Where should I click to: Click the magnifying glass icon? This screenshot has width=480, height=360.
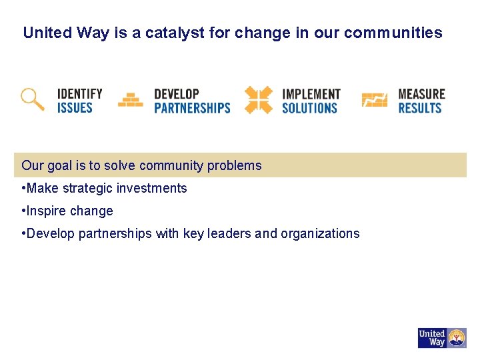[x=31, y=99]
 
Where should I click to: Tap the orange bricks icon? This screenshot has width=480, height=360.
[x=130, y=100]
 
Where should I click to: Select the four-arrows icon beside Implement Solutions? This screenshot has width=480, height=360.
[x=258, y=100]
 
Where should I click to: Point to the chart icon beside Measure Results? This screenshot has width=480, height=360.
[x=374, y=100]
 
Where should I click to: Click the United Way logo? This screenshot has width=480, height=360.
[x=442, y=338]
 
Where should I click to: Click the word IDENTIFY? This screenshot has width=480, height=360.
[x=79, y=93]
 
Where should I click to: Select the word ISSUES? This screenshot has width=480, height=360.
[x=75, y=107]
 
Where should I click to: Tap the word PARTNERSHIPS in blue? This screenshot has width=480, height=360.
[x=192, y=107]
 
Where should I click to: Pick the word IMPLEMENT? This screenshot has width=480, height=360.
[x=311, y=93]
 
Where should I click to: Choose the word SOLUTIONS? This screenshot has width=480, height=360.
[x=310, y=107]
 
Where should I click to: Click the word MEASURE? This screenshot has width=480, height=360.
[x=421, y=93]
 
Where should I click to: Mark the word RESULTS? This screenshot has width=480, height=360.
[x=420, y=107]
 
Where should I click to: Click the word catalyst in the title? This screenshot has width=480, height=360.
[x=165, y=33]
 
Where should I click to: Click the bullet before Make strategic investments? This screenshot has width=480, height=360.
[x=23, y=189]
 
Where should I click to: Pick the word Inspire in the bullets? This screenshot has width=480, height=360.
[x=47, y=211]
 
